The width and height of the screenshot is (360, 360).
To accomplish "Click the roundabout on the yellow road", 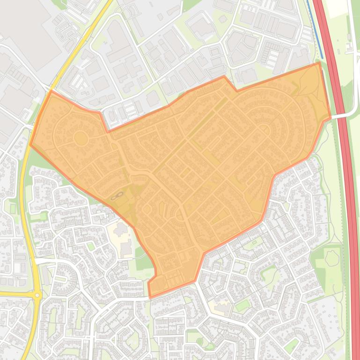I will (x=37, y=295).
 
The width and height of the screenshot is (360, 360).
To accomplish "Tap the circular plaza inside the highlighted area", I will (x=81, y=138).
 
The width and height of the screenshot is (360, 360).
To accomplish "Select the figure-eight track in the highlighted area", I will (x=117, y=196).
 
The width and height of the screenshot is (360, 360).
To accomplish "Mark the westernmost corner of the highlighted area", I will (x=30, y=144).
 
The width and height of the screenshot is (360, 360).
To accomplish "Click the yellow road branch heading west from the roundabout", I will (x=14, y=294).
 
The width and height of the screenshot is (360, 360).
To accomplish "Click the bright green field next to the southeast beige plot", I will (x=242, y=306).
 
